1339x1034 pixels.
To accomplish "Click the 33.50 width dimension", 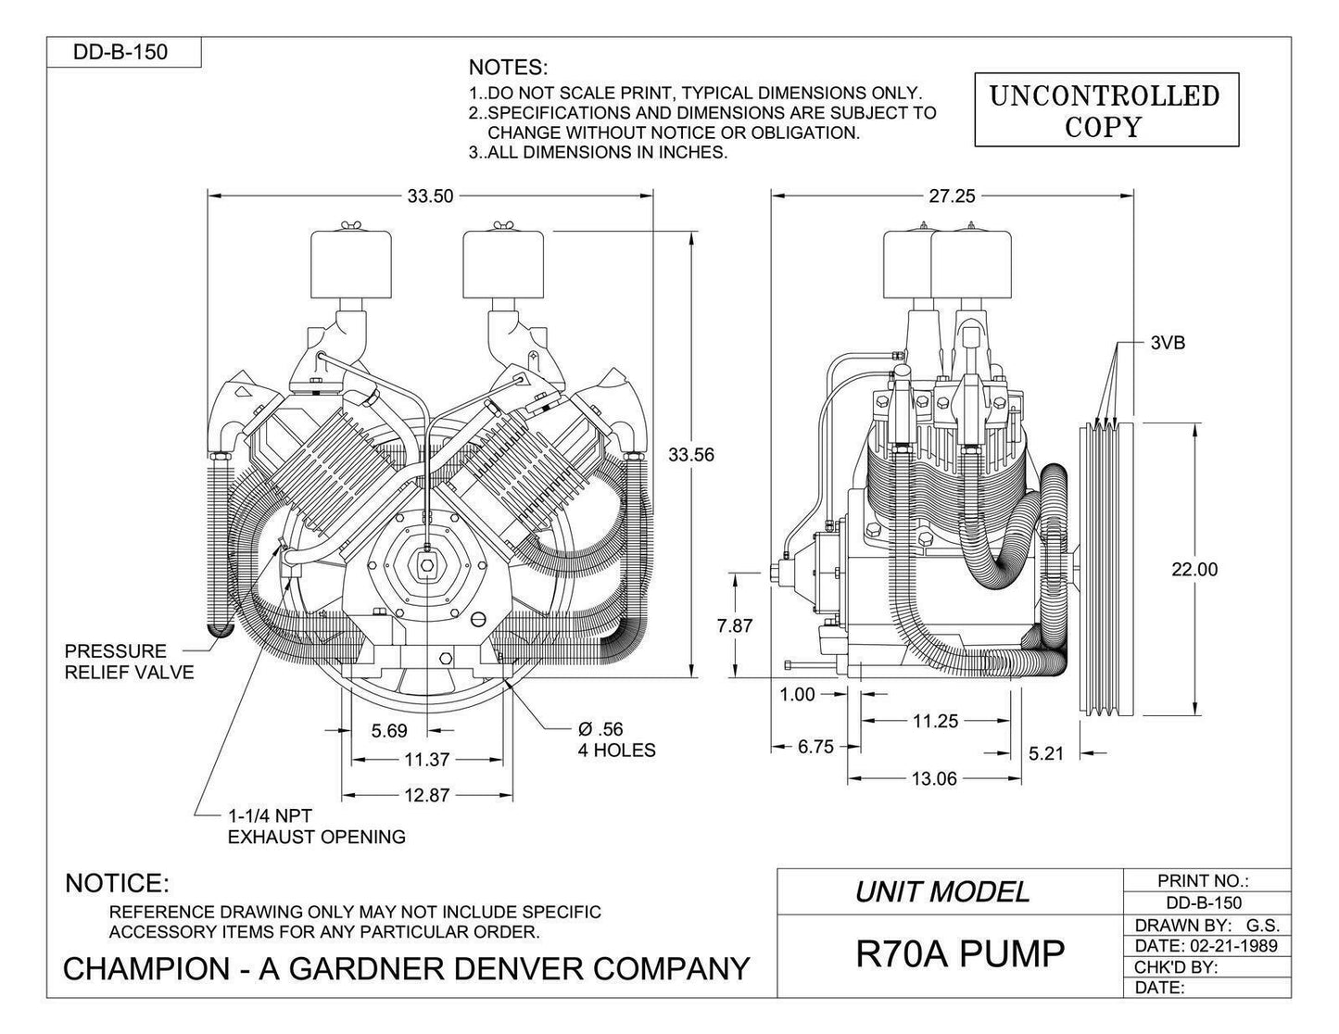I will point(430,195).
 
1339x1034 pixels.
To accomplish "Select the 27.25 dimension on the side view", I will point(952,195).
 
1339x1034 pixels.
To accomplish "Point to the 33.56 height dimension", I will point(692,454).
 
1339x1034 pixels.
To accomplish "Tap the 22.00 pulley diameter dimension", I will point(1194,570).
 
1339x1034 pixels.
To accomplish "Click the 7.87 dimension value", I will point(736,625).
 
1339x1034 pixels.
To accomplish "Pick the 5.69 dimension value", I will point(389,731).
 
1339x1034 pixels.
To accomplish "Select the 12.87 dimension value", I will point(427,795).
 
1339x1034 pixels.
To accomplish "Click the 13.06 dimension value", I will point(934,778).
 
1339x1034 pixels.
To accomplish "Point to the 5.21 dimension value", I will point(1046,753).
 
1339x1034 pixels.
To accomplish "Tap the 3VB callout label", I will point(1168,343).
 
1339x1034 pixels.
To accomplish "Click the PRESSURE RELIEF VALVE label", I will point(129,662).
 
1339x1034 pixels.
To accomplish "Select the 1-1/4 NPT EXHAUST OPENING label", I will point(316,826).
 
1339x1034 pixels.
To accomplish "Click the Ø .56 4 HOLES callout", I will point(616,739).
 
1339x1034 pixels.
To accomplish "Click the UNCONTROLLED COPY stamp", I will point(1105,111).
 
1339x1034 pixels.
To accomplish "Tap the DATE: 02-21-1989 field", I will point(1206,946).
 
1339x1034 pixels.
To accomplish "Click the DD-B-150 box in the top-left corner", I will point(120,52).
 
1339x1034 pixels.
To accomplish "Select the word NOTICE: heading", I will point(117,883).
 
